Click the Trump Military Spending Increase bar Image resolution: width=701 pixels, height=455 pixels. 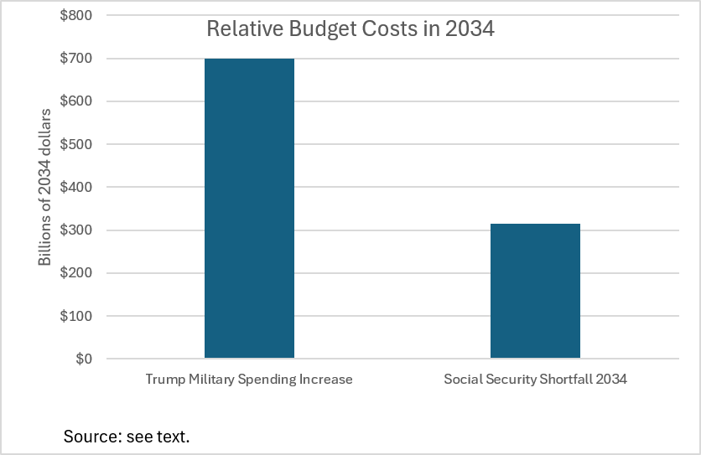point(250,209)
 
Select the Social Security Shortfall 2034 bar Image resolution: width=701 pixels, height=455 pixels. point(535,291)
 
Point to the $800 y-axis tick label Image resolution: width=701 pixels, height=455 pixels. point(76,15)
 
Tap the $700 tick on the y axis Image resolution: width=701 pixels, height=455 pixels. point(76,58)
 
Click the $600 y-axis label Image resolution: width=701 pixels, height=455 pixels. point(76,101)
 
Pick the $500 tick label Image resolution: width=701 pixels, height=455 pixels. point(76,144)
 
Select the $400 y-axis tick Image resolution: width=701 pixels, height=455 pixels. point(76,187)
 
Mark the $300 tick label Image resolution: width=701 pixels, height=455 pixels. point(76,230)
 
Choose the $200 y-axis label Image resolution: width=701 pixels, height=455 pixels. point(76,272)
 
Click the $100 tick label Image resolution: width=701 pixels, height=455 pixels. point(76,316)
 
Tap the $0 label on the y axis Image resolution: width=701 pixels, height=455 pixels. point(84,359)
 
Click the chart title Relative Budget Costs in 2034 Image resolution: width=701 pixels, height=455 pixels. point(350,29)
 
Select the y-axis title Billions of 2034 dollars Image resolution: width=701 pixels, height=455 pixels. point(44,187)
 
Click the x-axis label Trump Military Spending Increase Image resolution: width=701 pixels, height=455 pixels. point(249,379)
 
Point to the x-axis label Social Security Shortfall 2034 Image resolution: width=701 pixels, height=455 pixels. point(535,379)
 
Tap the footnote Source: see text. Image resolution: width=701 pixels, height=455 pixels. point(127,437)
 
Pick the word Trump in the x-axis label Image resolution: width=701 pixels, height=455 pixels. point(165,380)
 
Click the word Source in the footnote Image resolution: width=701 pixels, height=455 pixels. point(92,437)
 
